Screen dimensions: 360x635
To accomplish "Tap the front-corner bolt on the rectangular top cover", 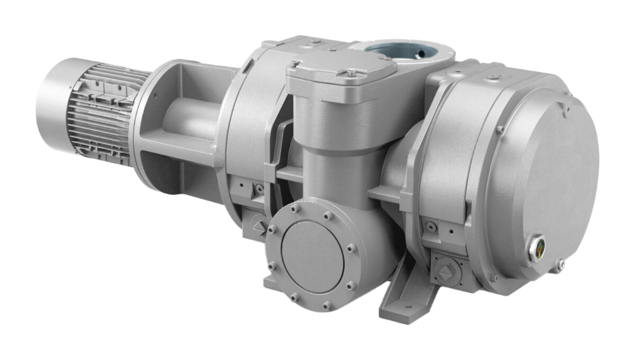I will click(x=351, y=73).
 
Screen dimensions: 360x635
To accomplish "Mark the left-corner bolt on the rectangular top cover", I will click(x=295, y=63).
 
